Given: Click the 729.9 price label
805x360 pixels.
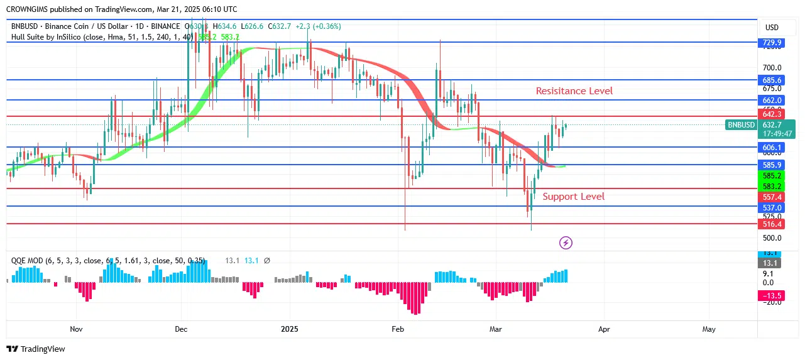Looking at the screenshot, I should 771,43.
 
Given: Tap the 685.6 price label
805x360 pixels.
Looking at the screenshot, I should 771,80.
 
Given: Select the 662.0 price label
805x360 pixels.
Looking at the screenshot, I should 771,100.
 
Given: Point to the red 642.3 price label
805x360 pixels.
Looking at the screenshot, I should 771,114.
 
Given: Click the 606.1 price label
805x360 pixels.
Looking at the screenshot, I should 771,147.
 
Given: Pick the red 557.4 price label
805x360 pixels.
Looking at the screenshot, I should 771,197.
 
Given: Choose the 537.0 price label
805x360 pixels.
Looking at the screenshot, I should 771,207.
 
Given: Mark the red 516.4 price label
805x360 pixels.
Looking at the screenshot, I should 771,224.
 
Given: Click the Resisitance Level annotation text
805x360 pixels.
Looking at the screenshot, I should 574,91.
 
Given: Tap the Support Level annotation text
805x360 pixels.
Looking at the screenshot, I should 573,197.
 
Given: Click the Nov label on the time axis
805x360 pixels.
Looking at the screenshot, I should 76,329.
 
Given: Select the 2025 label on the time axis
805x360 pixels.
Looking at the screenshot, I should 290,329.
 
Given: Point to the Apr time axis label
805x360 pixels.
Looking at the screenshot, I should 604,329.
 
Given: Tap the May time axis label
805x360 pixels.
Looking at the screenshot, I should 709,329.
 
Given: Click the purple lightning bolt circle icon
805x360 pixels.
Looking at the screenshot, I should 566,243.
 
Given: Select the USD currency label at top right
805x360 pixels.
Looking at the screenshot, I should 771,28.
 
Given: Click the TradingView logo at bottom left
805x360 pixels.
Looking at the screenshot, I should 36,349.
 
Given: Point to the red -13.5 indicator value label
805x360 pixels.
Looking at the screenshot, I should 771,296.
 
